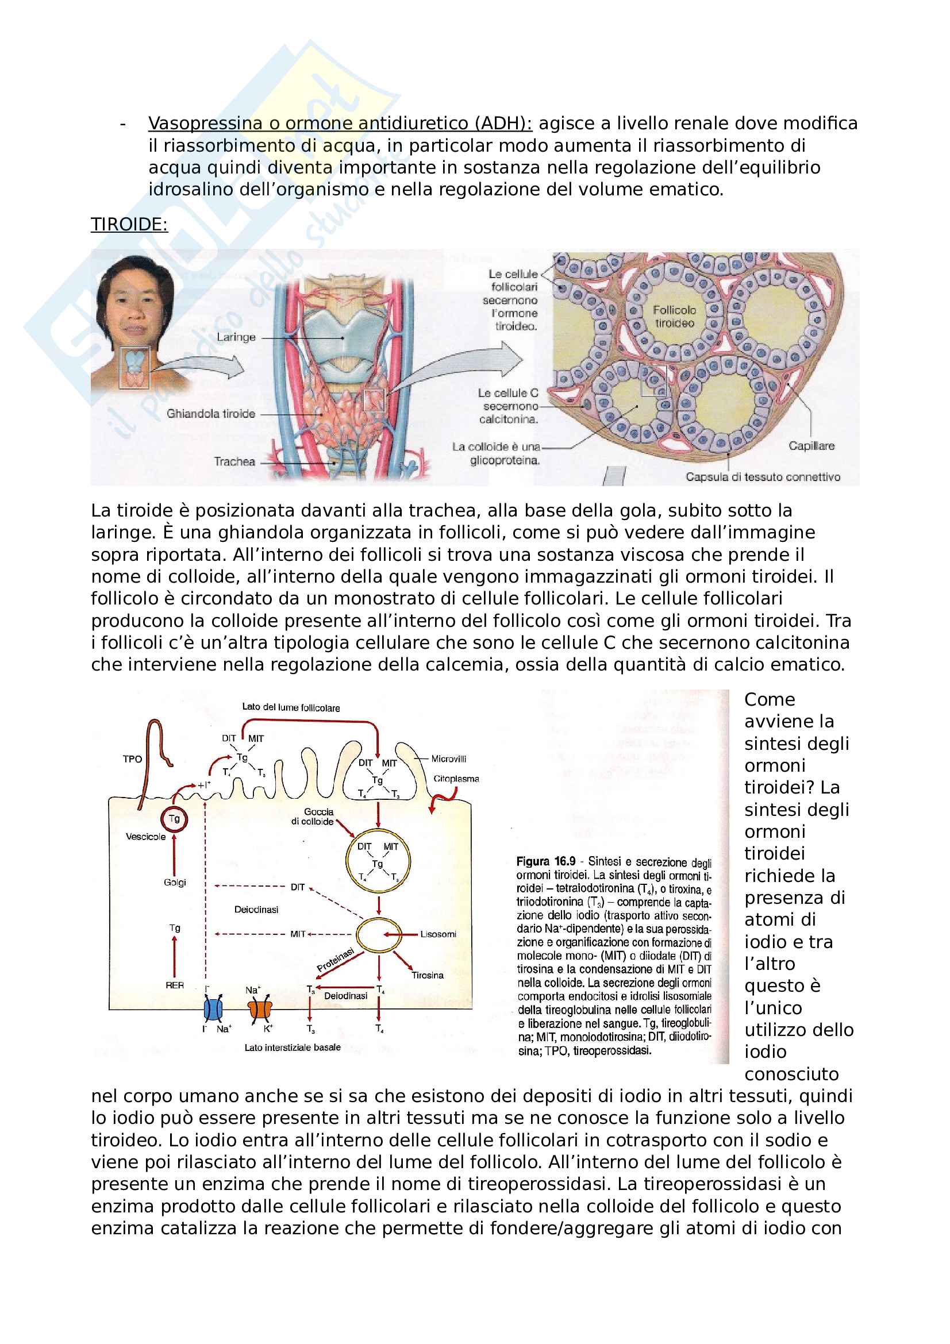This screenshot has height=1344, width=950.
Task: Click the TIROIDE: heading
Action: [x=129, y=225]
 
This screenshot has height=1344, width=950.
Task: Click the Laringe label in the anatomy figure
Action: [x=236, y=337]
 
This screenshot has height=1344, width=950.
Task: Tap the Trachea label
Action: [x=234, y=461]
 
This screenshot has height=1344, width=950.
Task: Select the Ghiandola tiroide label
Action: [x=211, y=414]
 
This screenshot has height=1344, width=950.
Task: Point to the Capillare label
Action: [x=811, y=446]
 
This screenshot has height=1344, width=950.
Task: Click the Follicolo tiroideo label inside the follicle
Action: [x=674, y=317]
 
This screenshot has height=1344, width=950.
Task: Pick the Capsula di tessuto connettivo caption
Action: [x=763, y=477]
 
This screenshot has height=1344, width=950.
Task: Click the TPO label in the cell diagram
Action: [x=132, y=759]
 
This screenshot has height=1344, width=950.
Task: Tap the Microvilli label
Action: [x=448, y=759]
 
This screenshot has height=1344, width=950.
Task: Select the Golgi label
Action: [x=175, y=882]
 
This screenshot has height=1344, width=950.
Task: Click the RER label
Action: [x=175, y=985]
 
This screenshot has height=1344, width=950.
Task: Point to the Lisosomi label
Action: [x=438, y=934]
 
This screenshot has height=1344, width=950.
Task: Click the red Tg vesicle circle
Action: [x=174, y=819]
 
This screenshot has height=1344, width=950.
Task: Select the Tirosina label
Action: [x=427, y=975]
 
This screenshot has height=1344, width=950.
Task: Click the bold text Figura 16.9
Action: [x=545, y=862]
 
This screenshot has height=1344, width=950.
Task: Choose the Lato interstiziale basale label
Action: [x=292, y=1048]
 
